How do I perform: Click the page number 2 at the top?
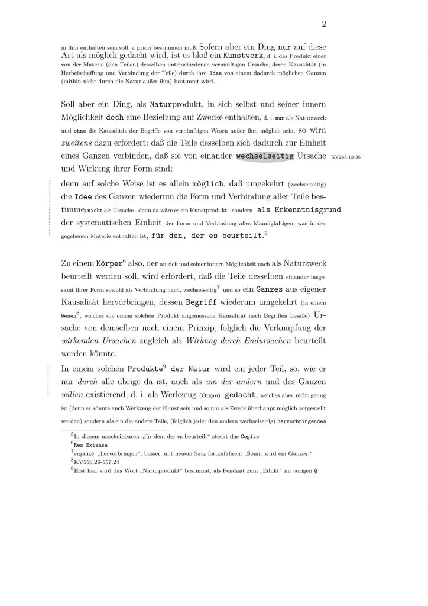click(325, 24)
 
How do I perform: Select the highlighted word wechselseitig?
click(265, 156)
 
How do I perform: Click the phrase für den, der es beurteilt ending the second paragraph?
click(207, 236)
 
